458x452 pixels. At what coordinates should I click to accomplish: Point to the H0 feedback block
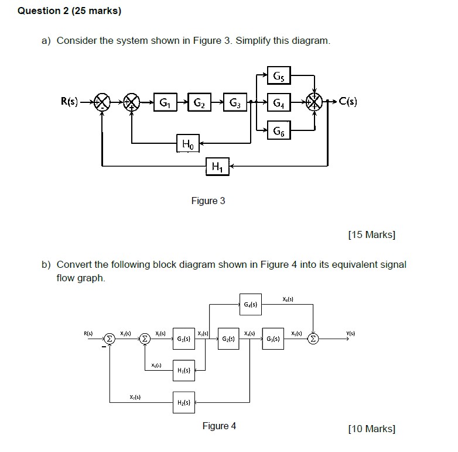tap(187, 143)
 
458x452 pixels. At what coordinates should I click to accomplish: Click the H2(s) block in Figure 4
tap(183, 402)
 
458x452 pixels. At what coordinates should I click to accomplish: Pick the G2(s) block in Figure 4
tap(228, 339)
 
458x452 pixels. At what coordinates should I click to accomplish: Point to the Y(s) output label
tap(350, 334)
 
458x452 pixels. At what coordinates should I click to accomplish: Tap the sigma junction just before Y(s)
tap(314, 339)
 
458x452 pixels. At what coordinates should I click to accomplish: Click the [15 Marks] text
tap(371, 235)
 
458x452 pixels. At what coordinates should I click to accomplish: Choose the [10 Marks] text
tap(371, 429)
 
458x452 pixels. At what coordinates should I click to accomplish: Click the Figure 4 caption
tap(219, 426)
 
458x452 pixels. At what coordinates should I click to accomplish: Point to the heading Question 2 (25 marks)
tap(70, 11)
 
